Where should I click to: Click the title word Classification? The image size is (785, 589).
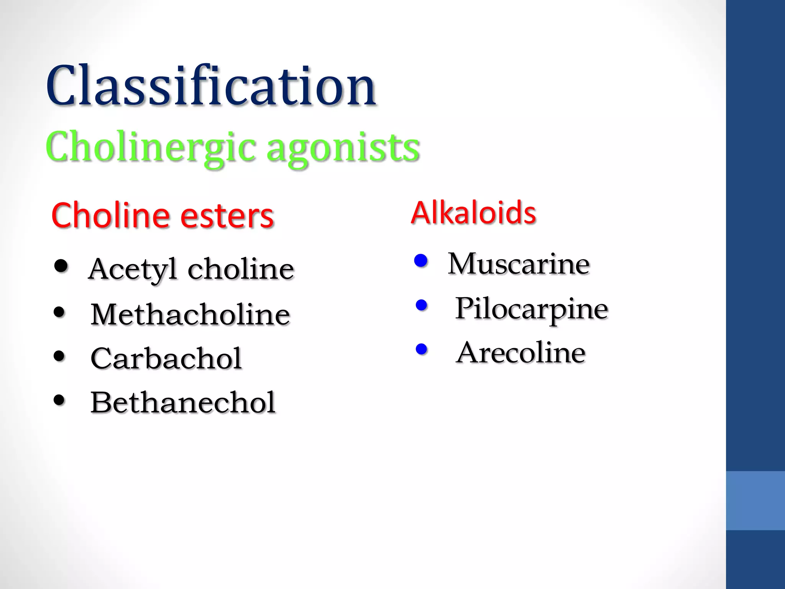211,86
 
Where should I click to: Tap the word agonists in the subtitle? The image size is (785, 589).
343,148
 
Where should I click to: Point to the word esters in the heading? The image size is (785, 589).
227,216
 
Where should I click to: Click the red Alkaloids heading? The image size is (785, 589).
473,213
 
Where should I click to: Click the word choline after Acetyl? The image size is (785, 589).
241,269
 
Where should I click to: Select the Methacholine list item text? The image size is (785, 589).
190,314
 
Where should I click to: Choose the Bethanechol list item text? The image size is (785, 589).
183,403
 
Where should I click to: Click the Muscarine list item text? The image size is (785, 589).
519,264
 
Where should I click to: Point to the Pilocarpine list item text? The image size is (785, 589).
532,309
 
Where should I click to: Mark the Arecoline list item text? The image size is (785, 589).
521,353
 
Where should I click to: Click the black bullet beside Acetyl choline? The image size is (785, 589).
61,266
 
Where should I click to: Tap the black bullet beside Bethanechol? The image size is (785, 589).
59,400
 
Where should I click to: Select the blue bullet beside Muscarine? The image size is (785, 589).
421,261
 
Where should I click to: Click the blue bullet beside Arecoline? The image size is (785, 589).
421,349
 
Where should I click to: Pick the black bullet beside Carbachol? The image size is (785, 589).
59,356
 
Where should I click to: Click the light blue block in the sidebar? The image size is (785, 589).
755,500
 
